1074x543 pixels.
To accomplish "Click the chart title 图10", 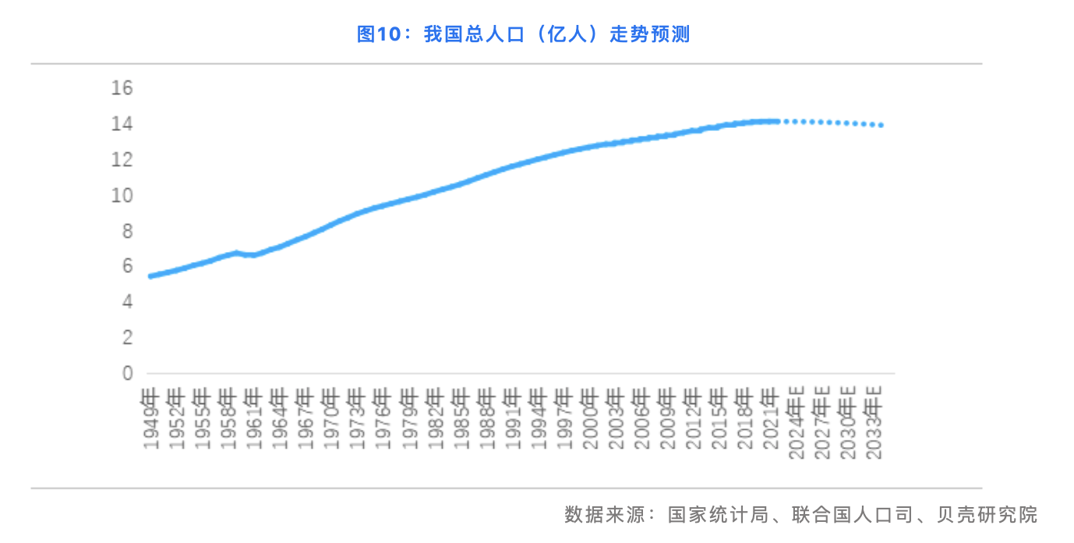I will click(x=523, y=34).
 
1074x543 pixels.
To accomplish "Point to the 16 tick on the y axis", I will click(x=122, y=87).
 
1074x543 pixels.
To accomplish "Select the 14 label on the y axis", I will click(x=122, y=123).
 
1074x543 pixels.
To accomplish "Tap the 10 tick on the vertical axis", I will click(x=122, y=195).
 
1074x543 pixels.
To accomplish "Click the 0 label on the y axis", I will click(x=128, y=374).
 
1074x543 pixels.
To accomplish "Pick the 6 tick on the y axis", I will click(x=128, y=266).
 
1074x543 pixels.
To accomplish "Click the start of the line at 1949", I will click(x=150, y=275).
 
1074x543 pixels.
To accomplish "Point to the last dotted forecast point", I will click(x=881, y=125).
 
